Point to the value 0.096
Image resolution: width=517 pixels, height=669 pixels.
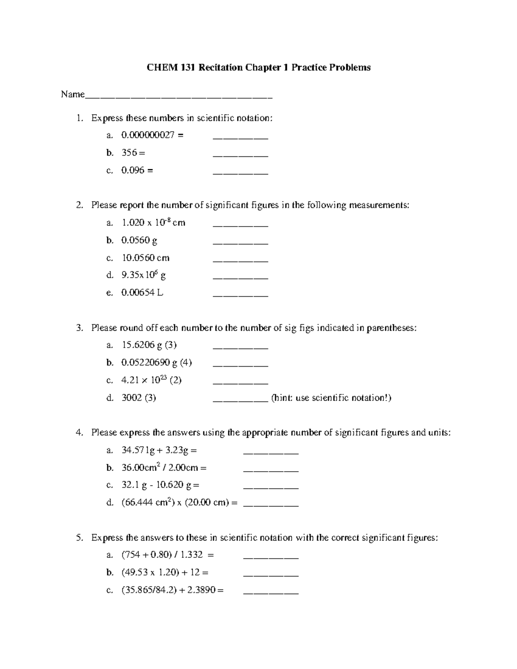click(133, 171)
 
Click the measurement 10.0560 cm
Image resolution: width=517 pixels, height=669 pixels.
click(146, 258)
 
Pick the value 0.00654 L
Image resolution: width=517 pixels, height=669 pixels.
click(142, 293)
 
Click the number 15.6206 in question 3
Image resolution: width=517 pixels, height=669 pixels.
click(138, 345)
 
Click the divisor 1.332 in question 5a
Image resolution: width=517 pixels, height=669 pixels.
click(191, 555)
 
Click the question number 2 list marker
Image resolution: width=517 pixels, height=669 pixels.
click(79, 205)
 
